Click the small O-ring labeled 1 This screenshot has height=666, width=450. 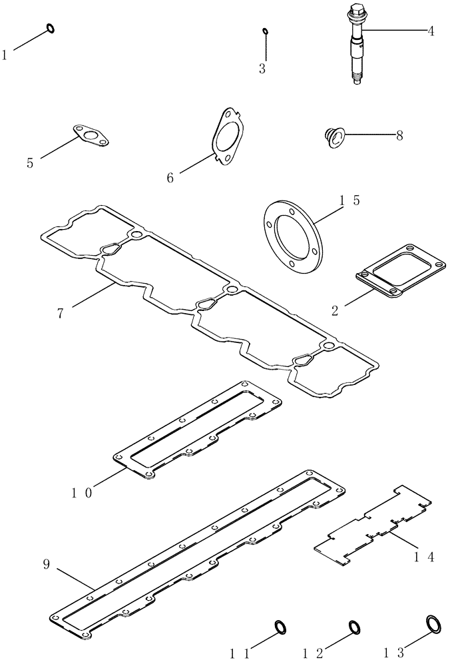[x=50, y=28]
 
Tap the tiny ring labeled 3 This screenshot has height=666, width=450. [x=265, y=31]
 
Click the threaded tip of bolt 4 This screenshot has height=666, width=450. [x=357, y=81]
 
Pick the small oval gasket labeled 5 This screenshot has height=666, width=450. [x=91, y=134]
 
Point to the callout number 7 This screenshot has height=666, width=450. [x=61, y=313]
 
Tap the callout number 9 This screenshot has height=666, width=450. [x=46, y=565]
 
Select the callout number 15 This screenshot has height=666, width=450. [x=349, y=200]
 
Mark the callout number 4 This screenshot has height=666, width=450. [x=431, y=31]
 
